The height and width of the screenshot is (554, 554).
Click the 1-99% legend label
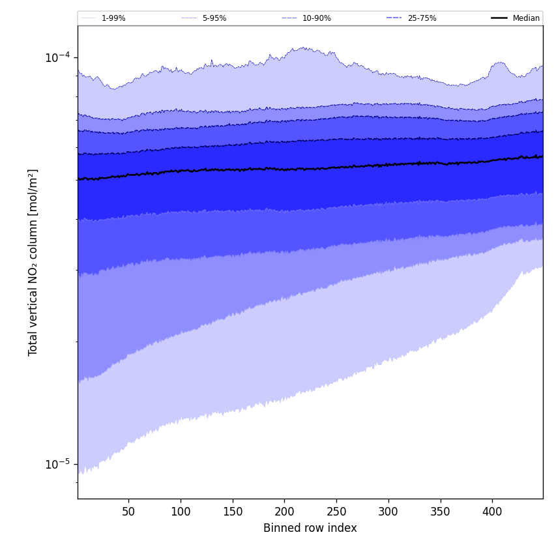click(113, 18)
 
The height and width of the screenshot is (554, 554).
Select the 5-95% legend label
click(214, 18)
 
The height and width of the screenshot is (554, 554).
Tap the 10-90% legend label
click(316, 18)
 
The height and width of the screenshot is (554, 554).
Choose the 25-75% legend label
click(422, 18)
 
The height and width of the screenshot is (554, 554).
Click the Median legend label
click(526, 18)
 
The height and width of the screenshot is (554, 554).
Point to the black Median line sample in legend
click(499, 18)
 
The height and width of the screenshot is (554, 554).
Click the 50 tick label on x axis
click(128, 512)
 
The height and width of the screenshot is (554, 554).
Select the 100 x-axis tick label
click(181, 512)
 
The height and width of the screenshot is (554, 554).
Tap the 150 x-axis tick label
click(233, 512)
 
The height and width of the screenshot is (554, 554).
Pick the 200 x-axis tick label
click(284, 512)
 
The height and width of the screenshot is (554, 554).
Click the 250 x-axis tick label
click(336, 512)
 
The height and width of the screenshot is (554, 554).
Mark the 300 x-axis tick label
click(388, 512)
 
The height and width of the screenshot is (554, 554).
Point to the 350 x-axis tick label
click(441, 512)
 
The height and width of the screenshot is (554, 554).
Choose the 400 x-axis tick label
click(492, 512)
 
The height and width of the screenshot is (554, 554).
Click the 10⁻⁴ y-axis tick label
click(57, 57)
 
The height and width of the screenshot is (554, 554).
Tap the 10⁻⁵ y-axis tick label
click(57, 464)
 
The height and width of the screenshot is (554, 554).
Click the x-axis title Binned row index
click(310, 528)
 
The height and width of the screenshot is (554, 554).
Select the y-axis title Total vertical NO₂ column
click(33, 262)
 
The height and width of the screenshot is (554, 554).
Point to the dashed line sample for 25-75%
click(394, 18)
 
